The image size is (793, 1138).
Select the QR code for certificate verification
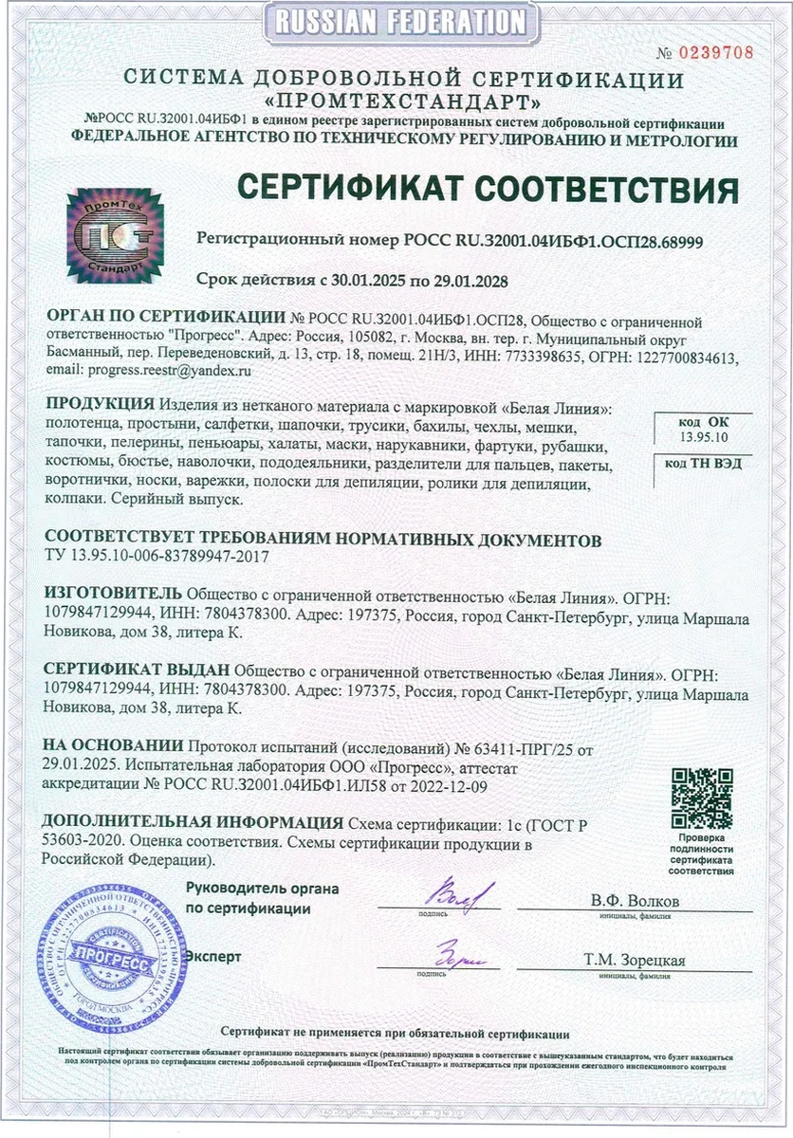702,798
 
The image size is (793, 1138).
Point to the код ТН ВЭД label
703,464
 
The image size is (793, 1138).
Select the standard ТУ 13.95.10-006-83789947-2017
157,558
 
